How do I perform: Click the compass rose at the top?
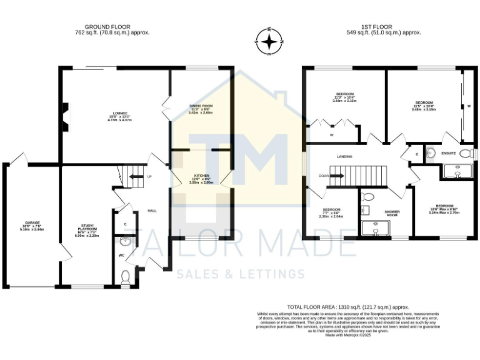pyautogui.click(x=269, y=42)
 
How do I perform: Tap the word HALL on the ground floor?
pyautogui.click(x=152, y=211)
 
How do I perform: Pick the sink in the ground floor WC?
pyautogui.click(x=126, y=242)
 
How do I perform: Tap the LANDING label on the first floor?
pyautogui.click(x=344, y=156)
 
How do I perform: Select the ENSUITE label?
pyautogui.click(x=447, y=152)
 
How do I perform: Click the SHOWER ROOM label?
pyautogui.click(x=392, y=214)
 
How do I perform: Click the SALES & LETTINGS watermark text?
pyautogui.click(x=241, y=274)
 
